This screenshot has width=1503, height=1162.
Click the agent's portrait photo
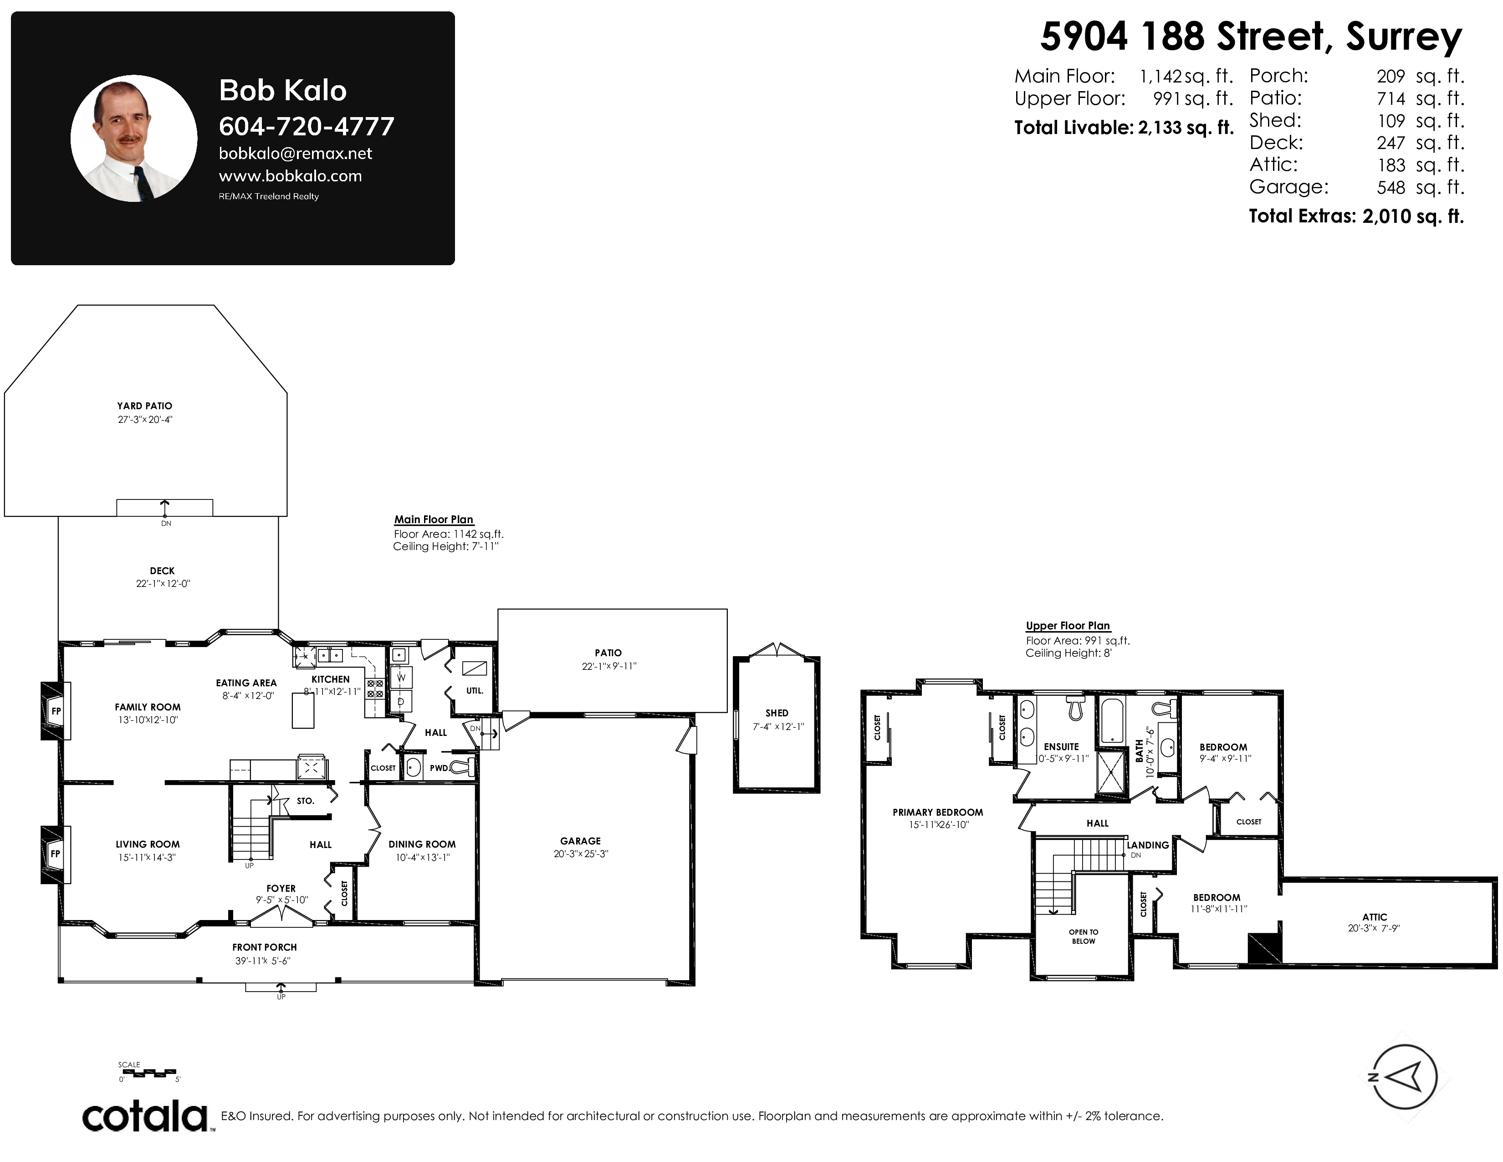click(x=134, y=139)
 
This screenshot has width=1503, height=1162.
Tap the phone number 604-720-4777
click(x=306, y=127)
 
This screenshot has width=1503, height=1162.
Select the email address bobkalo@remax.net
click(x=295, y=154)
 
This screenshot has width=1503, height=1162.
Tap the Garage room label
click(x=580, y=841)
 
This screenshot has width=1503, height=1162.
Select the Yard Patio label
click(x=144, y=406)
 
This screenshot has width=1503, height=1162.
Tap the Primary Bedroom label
click(x=938, y=812)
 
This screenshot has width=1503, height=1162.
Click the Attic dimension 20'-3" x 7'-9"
click(x=1374, y=928)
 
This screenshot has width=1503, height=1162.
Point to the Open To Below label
click(x=1083, y=937)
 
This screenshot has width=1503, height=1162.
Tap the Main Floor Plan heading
click(x=434, y=520)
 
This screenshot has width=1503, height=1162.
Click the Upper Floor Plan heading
click(x=1068, y=626)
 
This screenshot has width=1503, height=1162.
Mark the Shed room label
click(x=777, y=713)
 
